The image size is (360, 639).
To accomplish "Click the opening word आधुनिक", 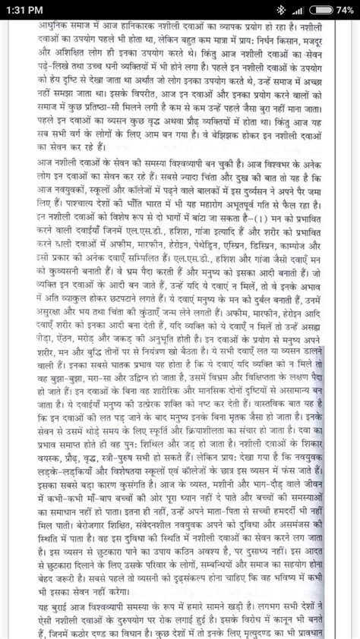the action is (56, 25).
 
